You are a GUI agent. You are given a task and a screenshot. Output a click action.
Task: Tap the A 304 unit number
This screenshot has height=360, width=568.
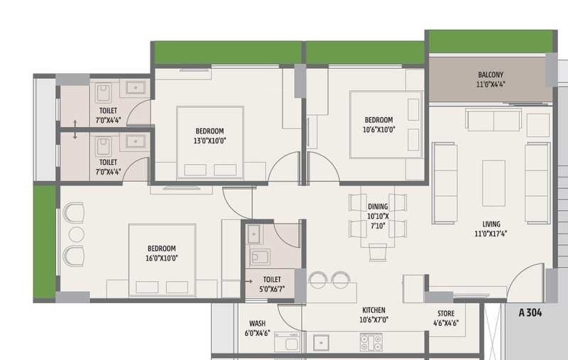click(532, 312)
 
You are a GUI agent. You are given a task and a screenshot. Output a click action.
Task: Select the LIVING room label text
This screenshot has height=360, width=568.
click(491, 224)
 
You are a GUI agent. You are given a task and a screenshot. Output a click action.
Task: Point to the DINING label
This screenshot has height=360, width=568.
click(378, 207)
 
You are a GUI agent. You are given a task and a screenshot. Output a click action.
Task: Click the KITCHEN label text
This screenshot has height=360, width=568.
click(373, 310)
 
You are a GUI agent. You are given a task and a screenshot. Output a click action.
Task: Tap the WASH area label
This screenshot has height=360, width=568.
click(257, 324)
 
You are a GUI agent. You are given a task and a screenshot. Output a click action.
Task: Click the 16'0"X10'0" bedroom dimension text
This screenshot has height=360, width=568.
click(161, 258)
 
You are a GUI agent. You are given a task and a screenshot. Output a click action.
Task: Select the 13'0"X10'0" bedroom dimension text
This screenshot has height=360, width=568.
click(210, 141)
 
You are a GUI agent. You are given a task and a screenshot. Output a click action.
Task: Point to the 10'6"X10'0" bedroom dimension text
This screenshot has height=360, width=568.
click(378, 129)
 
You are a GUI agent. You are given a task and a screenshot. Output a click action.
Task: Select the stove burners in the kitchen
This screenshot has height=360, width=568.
click(371, 342)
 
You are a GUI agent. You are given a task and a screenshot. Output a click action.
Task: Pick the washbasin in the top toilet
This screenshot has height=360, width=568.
click(135, 88)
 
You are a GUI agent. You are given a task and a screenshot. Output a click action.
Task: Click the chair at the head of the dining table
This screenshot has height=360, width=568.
click(378, 251)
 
